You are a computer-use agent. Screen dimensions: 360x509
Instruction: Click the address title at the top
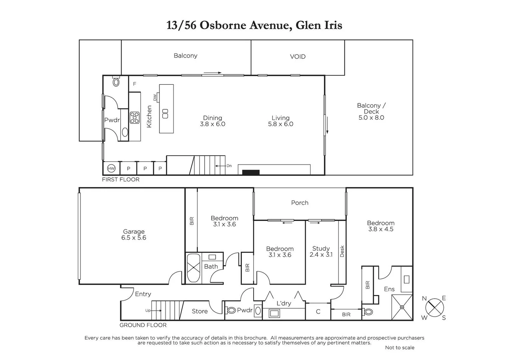click(254, 25)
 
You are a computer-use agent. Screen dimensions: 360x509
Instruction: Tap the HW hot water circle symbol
click(111, 169)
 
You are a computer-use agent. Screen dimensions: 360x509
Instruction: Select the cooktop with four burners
click(135, 118)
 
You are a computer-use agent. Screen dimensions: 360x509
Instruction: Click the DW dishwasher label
click(155, 97)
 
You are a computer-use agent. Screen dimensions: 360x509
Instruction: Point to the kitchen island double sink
click(165, 114)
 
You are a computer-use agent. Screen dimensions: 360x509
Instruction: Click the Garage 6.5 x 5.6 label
click(134, 235)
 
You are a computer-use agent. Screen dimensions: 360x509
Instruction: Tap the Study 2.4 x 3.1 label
click(321, 252)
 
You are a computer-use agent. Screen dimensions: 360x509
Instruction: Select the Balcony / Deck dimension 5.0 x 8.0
click(371, 118)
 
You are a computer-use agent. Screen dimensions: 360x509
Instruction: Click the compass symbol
click(434, 308)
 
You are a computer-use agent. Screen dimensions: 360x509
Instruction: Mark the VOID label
click(297, 57)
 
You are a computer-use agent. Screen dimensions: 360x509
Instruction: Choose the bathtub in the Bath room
click(193, 268)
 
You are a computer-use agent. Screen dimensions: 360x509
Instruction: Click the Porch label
click(299, 203)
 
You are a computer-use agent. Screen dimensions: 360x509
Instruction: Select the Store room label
click(200, 311)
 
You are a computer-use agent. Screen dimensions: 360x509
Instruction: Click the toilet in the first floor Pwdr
click(116, 81)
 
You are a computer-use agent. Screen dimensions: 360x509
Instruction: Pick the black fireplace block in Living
click(251, 172)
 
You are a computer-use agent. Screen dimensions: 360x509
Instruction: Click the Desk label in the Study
click(342, 251)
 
